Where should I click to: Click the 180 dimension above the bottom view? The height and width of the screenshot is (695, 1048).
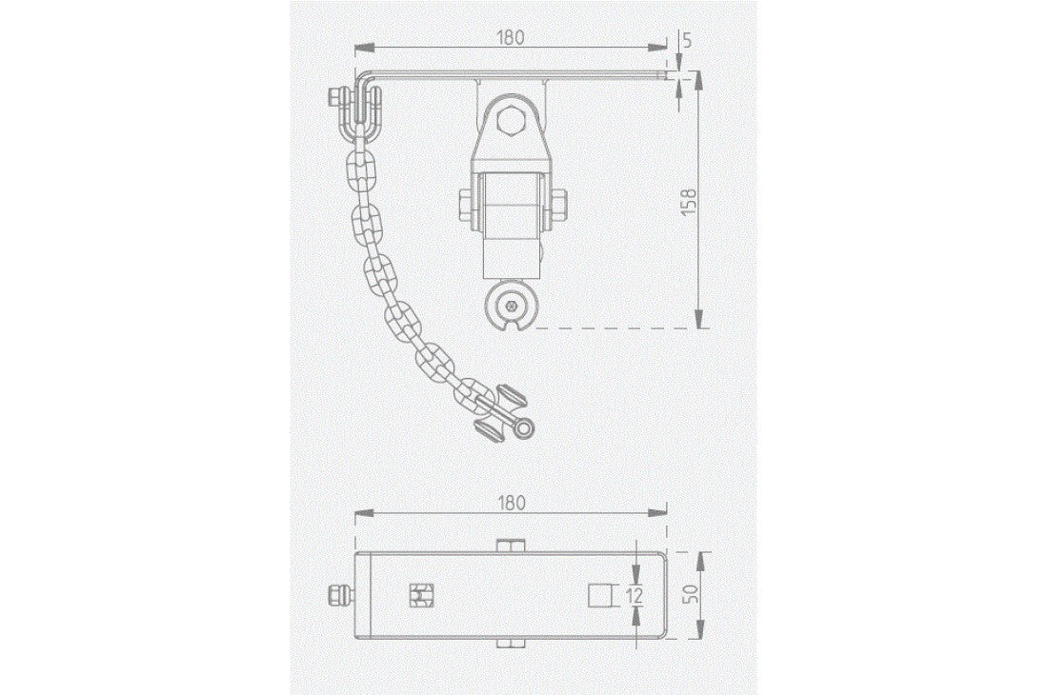[x=511, y=503]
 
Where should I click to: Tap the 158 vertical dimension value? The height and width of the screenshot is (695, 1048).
[x=689, y=202]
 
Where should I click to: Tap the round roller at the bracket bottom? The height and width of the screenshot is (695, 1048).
[x=514, y=307]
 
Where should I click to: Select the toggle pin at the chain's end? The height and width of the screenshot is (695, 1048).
[x=505, y=415]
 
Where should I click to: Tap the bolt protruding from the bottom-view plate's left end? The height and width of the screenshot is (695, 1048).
[x=339, y=596]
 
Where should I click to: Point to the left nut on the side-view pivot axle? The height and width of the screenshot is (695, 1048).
[x=466, y=206]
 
